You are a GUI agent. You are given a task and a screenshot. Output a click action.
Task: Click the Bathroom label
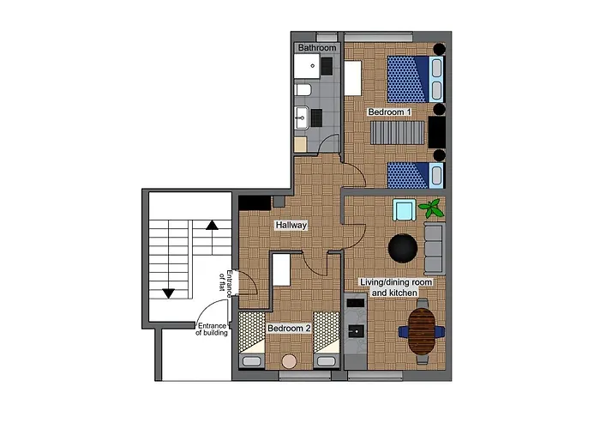click(x=317, y=47)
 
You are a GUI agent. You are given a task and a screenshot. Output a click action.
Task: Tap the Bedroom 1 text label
click(x=389, y=112)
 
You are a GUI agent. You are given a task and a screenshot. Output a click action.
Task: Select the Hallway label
click(x=291, y=225)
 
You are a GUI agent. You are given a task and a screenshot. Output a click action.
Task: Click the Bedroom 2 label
click(x=288, y=328)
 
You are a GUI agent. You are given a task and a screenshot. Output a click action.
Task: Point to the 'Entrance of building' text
click(x=212, y=329)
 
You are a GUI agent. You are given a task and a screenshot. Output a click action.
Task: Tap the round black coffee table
click(x=402, y=248)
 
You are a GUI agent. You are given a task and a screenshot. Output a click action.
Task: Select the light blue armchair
click(x=403, y=209)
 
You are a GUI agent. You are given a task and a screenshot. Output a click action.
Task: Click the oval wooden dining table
click(x=422, y=330)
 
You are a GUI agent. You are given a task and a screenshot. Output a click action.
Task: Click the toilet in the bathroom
click(x=303, y=89)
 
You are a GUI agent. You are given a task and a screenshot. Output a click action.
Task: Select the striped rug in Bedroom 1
click(x=397, y=133)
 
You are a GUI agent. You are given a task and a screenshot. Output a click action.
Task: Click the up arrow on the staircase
click(x=212, y=226)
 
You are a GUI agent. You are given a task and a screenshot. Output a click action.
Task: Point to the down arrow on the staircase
click(x=168, y=293)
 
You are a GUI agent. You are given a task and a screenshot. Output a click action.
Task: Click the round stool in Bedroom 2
click(x=290, y=361)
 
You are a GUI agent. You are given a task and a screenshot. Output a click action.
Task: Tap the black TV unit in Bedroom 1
click(x=437, y=132)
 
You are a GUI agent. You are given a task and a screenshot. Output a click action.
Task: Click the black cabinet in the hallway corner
click(x=255, y=202)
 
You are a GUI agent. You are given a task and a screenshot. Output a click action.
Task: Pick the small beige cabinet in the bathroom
click(x=300, y=144)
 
